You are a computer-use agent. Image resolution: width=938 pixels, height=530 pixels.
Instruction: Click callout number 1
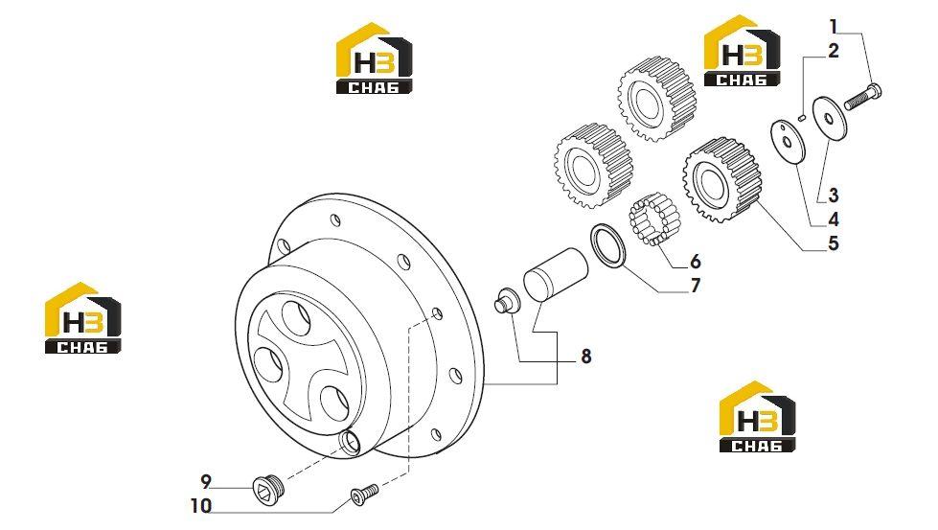coord(834,27)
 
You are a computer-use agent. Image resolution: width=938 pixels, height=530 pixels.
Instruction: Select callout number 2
coord(834,52)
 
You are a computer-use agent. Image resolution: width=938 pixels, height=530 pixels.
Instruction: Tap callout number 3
coord(834,195)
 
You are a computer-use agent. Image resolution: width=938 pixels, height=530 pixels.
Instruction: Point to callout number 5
coord(834,243)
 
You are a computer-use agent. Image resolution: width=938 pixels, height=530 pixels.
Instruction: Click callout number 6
coord(696,262)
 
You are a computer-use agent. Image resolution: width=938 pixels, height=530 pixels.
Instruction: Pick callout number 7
coord(696,286)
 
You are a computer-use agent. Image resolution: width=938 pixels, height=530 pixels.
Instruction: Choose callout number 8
coord(586,357)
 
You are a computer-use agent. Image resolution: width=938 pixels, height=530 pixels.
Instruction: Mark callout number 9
coord(206,481)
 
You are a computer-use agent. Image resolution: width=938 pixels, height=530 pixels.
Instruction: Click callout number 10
coord(201,506)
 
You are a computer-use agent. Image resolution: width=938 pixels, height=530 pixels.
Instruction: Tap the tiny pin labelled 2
coord(803,117)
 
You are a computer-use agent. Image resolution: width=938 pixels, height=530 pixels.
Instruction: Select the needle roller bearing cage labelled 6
coord(655,219)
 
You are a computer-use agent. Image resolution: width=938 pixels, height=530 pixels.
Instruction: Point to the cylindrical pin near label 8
coord(556,274)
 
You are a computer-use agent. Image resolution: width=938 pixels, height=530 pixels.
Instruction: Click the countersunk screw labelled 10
coord(364,495)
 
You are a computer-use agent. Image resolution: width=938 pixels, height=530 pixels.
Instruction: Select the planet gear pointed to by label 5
coord(721,180)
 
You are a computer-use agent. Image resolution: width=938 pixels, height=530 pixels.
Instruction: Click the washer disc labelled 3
coord(829,119)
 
